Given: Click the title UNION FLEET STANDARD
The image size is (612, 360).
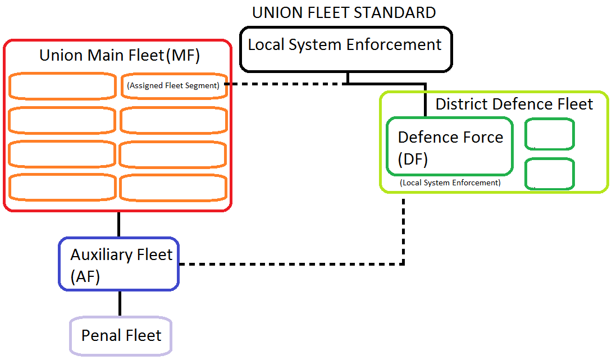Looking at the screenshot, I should point(344,12).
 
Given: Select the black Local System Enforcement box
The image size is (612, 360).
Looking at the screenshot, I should point(345,49).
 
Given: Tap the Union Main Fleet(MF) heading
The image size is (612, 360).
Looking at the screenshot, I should point(120,56).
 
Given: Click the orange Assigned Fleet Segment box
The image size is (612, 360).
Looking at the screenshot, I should point(173,86).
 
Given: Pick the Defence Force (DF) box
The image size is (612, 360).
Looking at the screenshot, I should point(450,147).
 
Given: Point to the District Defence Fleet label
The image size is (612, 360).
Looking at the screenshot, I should point(514,104).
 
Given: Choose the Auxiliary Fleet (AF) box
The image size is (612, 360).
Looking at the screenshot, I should point(118,265).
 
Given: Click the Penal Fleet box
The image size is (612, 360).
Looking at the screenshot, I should point(121,336).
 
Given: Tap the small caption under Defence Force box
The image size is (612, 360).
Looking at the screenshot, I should point(450,183).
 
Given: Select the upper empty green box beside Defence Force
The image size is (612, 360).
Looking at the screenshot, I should point(550,134).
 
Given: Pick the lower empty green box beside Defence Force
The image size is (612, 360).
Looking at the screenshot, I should point(550,174).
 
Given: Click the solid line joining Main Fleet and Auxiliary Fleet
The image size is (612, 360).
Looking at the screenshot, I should point(119,225).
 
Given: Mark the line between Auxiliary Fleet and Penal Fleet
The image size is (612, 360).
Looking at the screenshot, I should point(119,304).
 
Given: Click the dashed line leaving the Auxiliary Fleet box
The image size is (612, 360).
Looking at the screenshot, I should point(292,264).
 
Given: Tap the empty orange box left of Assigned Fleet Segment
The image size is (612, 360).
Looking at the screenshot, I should point(62,86).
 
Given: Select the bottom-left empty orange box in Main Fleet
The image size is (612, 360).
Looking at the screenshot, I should point(62,187).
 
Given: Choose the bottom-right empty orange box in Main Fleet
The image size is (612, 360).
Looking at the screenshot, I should point(173,187).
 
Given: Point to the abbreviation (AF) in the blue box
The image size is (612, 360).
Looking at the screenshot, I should point(85,277).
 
